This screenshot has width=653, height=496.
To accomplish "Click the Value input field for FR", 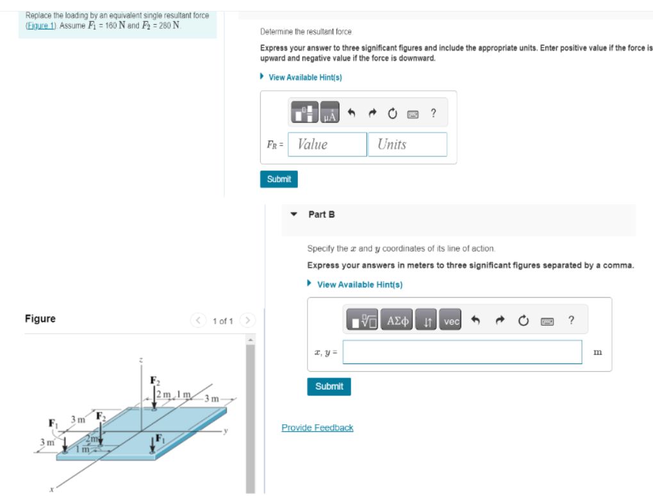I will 327,144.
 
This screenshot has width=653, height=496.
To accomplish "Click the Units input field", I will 407,144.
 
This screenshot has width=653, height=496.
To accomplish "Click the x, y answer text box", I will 461,352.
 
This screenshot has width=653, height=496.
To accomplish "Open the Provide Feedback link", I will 317,427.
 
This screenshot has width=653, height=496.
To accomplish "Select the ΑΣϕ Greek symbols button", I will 398,321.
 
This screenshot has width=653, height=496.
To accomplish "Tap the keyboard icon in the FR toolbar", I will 413,114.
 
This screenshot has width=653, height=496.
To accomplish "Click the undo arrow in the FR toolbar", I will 351,114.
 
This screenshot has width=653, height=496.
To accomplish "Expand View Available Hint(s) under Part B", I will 359,285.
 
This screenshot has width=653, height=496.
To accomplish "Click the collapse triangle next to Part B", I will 294,215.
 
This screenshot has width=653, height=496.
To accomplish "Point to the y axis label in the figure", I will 226,431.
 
